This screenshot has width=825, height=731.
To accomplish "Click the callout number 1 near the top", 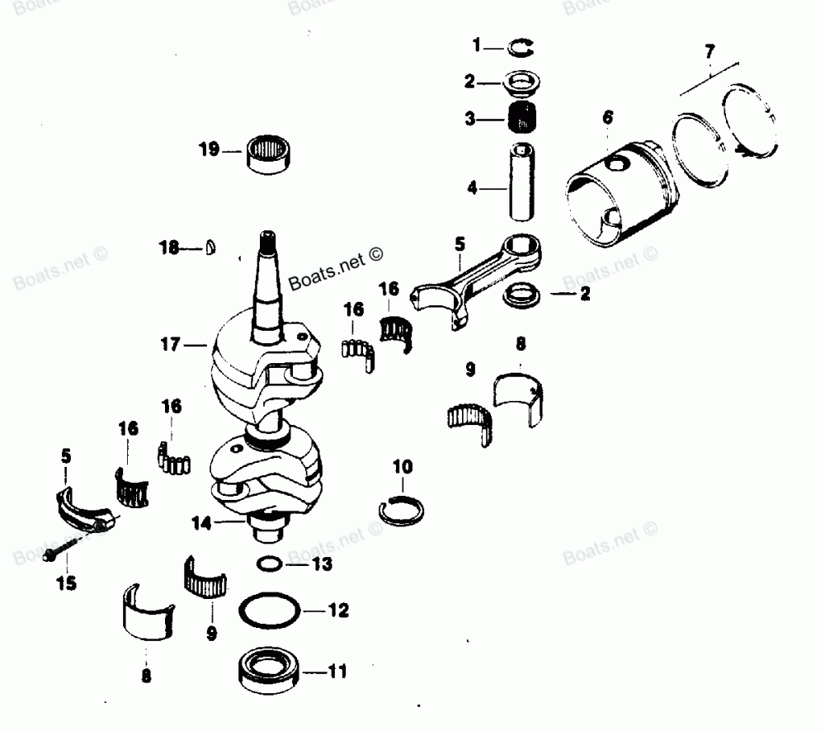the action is tap(475, 44).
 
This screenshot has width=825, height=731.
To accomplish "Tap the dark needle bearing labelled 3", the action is tap(521, 119).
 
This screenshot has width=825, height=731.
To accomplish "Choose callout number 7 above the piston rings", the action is tap(709, 53).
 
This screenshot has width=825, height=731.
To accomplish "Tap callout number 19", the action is tap(209, 149).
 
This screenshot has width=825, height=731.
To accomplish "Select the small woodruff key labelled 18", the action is tap(211, 246).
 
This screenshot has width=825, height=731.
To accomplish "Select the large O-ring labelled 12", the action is tap(269, 611).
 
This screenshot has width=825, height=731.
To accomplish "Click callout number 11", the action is tap(338, 670).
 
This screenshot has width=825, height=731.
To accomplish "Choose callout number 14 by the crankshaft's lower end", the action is tap(201, 522).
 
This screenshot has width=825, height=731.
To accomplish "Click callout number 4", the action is tap(472, 188).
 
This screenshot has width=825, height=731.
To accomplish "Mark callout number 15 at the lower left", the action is tap(65, 583).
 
